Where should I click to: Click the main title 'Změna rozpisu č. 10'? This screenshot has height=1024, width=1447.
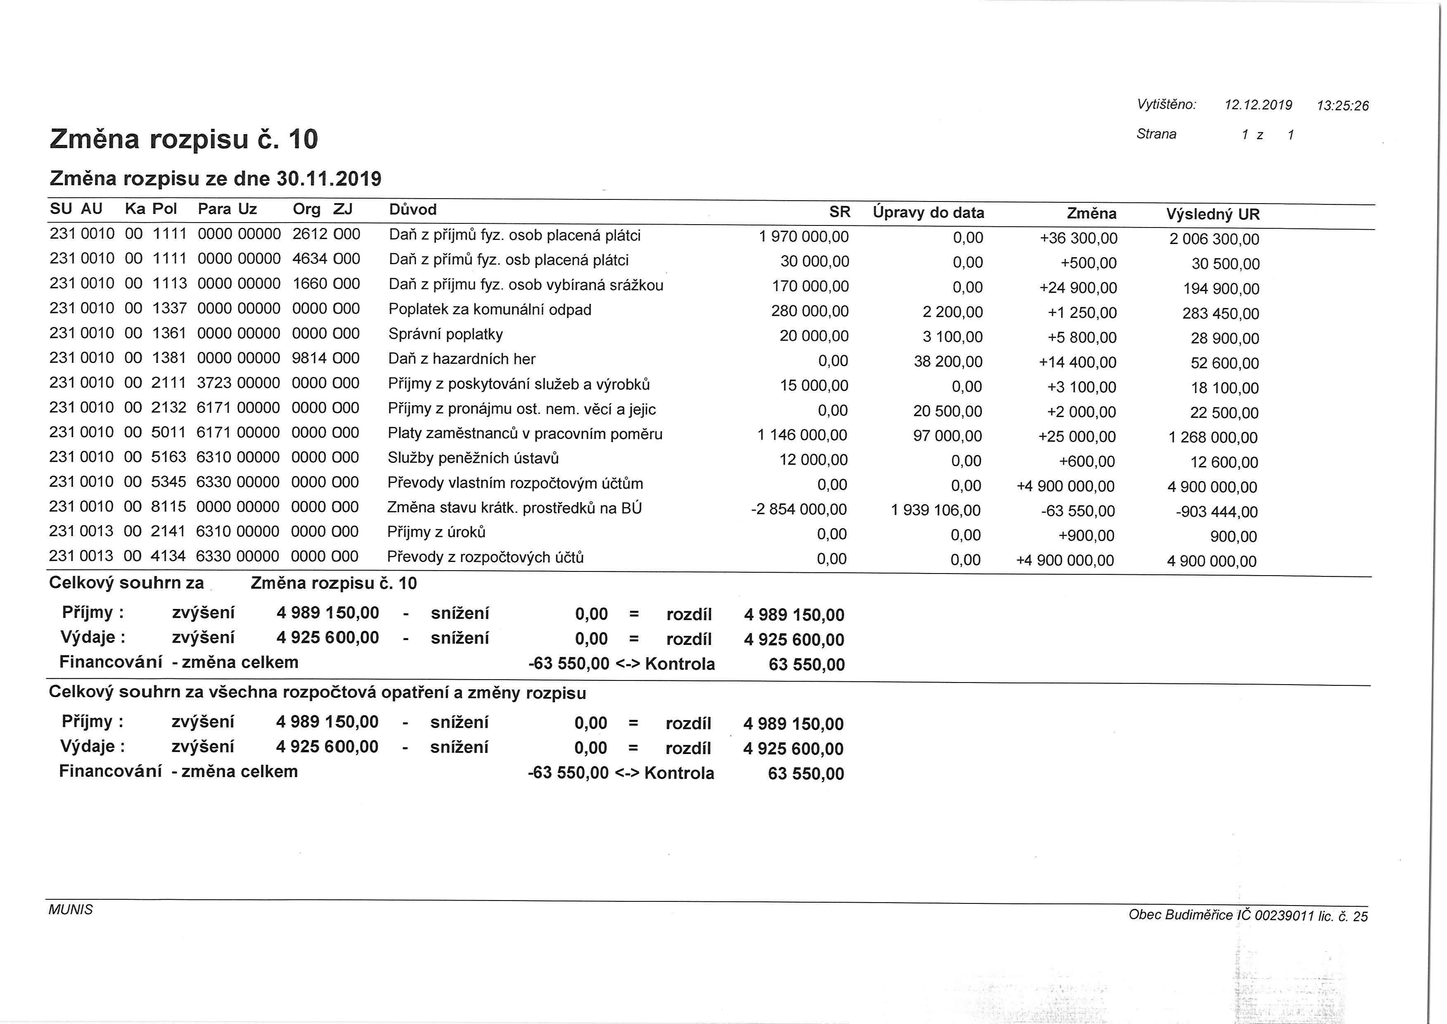coord(183,139)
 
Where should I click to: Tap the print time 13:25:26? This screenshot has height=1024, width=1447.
coord(1343,106)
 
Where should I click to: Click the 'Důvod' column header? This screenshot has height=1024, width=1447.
coord(413,209)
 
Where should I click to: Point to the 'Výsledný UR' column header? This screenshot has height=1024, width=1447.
coord(1212,214)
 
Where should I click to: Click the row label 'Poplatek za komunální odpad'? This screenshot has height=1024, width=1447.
coord(490,310)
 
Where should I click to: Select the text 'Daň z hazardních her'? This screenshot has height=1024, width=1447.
coord(462,359)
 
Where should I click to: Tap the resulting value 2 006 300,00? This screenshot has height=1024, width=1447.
coord(1214,239)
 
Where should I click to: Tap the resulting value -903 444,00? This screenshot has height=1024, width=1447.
coord(1216,512)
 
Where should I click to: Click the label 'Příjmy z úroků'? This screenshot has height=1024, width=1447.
coord(436,532)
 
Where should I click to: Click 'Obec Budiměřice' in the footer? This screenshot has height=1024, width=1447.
coord(1180,914)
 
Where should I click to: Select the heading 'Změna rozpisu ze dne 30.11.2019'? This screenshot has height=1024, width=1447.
coord(215,179)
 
